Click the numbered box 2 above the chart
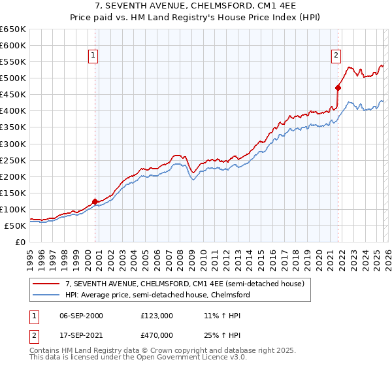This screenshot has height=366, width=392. tap(336, 56)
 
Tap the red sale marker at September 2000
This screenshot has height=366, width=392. tap(95, 201)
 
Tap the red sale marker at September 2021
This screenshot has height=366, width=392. tap(338, 88)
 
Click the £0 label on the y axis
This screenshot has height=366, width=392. tap(20, 242)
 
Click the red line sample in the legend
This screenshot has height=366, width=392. tap(46, 284)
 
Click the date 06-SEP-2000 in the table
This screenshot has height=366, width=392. tap(80, 316)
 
